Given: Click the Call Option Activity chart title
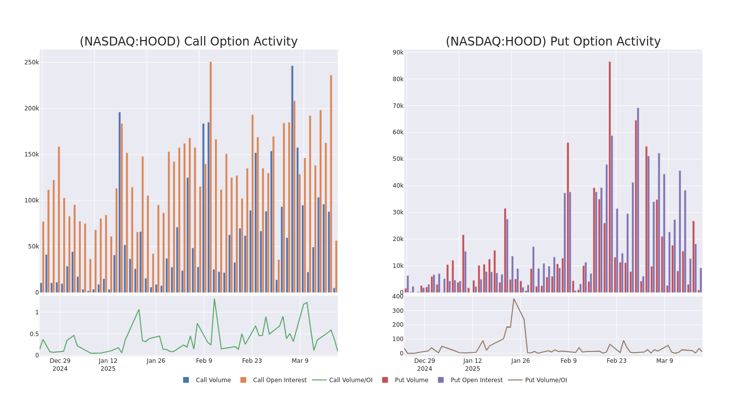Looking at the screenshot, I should tap(188, 42).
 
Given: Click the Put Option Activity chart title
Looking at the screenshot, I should tap(553, 42).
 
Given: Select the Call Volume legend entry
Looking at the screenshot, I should tap(207, 380).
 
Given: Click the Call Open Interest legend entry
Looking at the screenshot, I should tap(273, 380).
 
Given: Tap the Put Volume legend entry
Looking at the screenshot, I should tap(405, 380).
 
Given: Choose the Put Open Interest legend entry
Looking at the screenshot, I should tap(470, 380).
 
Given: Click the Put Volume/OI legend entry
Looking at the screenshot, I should tap(539, 380).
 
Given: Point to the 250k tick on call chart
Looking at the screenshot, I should tap(32, 62).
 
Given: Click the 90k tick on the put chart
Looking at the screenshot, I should tap(398, 52).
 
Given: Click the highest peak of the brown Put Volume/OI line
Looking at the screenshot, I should tap(513, 298).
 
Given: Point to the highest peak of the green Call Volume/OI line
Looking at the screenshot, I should tap(214, 298).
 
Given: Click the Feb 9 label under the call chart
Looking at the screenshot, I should tap(204, 361).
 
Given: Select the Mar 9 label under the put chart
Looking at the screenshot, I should tap(664, 361).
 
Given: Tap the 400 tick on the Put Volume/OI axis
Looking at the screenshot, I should tap(398, 297).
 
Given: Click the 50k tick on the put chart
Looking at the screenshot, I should tap(398, 159).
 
